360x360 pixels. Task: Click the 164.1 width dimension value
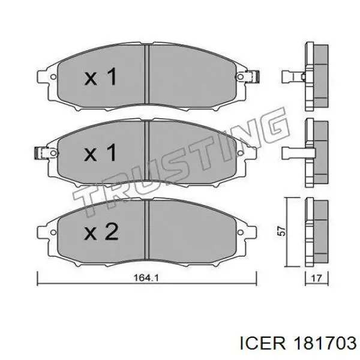point(146,278)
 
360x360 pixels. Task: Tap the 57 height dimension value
point(281,231)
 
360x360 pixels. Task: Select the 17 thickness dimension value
point(316,278)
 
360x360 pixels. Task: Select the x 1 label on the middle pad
point(101,152)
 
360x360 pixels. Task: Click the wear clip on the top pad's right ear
point(252,76)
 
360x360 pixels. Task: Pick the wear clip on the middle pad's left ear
point(41,153)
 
